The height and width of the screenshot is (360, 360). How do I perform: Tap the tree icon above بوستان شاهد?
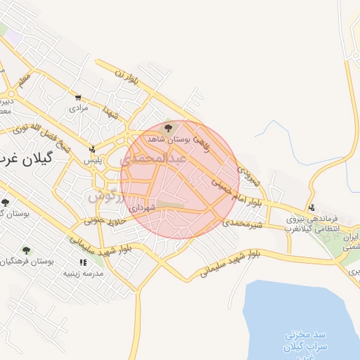[x=167, y=128]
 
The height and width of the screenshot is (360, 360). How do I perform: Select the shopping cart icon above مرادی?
[x=78, y=98]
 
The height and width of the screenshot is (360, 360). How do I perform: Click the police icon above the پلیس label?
[x=92, y=149]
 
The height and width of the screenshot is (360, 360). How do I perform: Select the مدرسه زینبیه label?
[x=83, y=273]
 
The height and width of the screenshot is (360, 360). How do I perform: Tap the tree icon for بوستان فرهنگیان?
[x=26, y=250]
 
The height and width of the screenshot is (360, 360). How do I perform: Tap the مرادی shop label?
[x=78, y=108]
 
